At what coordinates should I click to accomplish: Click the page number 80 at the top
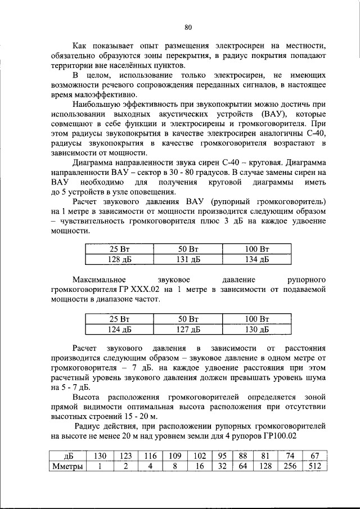188,26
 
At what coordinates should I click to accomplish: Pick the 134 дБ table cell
257,259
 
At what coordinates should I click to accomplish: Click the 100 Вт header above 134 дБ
257,249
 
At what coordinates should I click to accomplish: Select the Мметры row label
67,466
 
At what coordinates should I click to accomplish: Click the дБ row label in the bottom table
67,456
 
